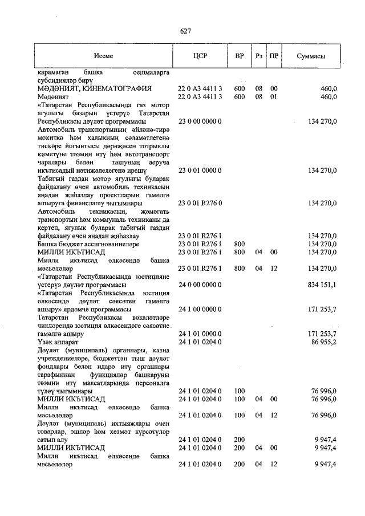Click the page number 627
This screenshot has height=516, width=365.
(x=185, y=31)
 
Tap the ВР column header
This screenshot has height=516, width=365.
(x=240, y=56)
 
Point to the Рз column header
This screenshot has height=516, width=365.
(x=259, y=56)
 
